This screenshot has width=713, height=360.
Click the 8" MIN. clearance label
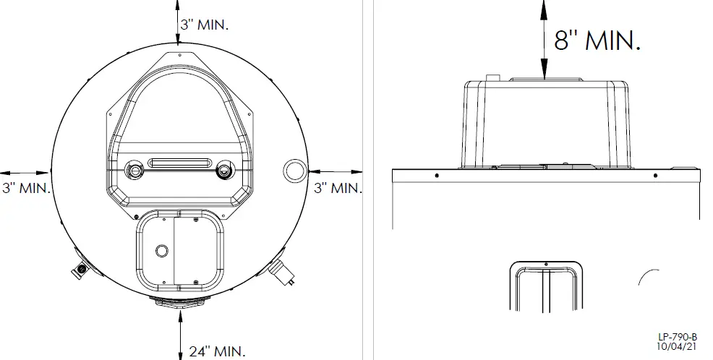[x=597, y=40]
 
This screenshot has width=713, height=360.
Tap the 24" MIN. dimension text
[x=217, y=351]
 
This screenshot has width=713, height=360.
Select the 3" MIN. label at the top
[x=205, y=25]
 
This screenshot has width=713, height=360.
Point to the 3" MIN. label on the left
[x=26, y=188]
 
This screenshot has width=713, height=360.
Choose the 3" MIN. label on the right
[x=338, y=188]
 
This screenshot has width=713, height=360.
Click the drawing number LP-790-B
[x=677, y=338]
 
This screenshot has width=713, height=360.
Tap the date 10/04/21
[x=676, y=346]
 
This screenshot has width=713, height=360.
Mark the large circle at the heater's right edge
[x=294, y=171]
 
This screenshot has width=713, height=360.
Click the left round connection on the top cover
[x=135, y=170]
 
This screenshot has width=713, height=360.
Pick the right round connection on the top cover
[x=223, y=170]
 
